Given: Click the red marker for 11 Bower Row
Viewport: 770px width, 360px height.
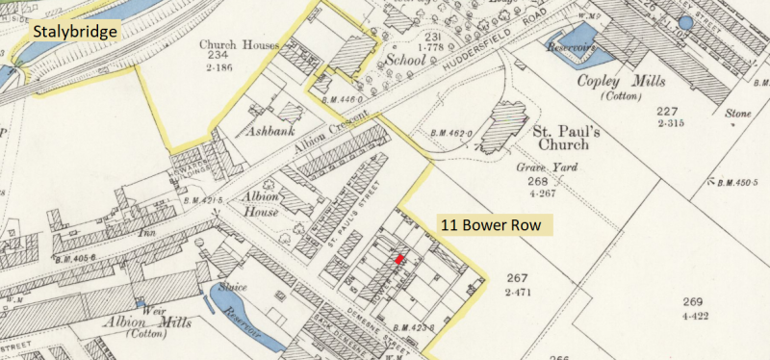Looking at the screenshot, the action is (399, 258).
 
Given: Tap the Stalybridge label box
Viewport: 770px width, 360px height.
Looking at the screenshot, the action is (75, 32).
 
